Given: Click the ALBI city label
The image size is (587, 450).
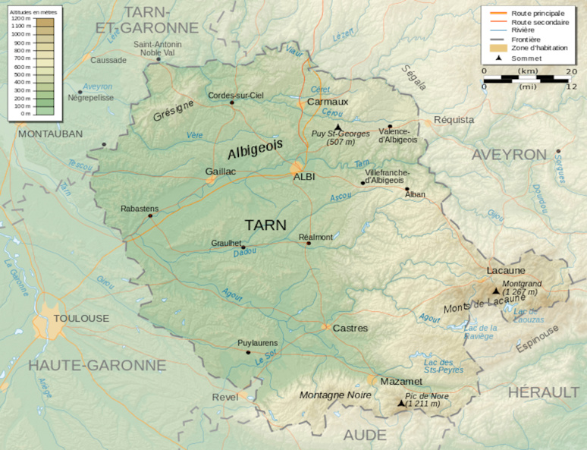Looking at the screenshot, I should tap(304, 176).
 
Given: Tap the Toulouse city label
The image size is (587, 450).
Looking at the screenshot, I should tap(80, 318).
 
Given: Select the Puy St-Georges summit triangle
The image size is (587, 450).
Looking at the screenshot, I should tap(338, 127).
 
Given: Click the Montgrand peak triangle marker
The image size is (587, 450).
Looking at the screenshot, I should tap(496, 291).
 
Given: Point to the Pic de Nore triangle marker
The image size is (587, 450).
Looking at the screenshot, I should tap(400, 404).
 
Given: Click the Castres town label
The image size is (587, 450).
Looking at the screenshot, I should tap(350, 329).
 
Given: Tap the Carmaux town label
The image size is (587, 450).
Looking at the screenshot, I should tap(328, 102).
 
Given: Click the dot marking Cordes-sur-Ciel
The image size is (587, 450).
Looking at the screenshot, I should tap(232, 102).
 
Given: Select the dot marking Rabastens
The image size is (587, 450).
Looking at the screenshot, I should tap(150, 216).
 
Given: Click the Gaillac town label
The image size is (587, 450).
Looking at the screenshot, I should tap(221, 172).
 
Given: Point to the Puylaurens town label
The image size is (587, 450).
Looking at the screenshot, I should tap(257, 343).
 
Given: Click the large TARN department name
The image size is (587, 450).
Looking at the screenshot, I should tap(265, 225).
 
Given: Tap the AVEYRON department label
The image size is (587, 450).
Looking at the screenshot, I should tap(509, 155).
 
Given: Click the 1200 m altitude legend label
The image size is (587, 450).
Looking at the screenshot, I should tap(20, 17).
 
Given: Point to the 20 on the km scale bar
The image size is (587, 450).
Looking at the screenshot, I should tap(571, 71).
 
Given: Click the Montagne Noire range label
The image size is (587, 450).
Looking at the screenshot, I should tap(335, 395).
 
